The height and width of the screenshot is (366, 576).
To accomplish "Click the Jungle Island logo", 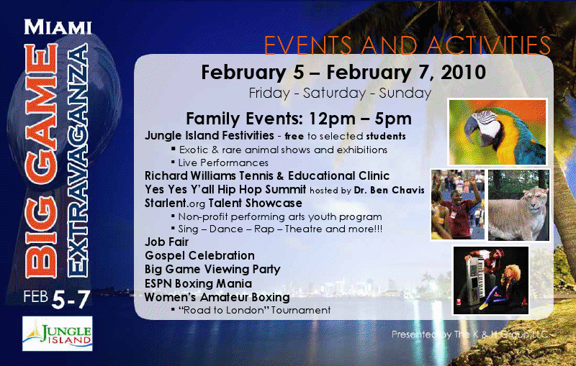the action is click(58, 334).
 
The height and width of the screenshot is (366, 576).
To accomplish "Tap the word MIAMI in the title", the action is click(58, 27).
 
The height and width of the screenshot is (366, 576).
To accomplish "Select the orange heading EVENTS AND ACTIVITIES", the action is click(408, 45).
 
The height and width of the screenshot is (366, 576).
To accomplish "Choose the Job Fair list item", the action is click(166, 242).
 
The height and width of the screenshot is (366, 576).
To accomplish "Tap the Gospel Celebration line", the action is click(199, 255).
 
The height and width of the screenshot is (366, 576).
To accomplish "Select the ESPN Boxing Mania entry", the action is click(199, 283).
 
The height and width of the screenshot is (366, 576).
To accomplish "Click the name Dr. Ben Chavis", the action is click(390, 191).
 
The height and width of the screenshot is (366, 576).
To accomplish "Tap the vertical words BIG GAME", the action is click(42, 160).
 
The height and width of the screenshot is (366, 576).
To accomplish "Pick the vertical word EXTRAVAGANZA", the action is click(78, 160).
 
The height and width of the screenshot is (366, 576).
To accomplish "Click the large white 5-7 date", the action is click(71, 300).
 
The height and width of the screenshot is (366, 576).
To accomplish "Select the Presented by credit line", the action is click(470, 334).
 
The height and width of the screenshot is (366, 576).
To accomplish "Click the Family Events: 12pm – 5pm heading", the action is click(299, 119).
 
